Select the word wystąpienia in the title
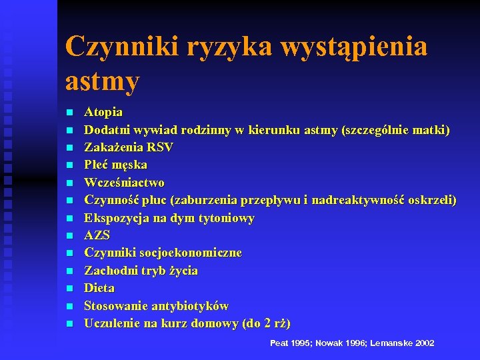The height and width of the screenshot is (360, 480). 355,47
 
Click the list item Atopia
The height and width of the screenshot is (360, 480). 103,112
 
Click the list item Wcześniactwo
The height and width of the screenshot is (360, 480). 124,182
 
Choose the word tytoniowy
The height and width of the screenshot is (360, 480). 223,218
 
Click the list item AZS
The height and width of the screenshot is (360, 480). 97,235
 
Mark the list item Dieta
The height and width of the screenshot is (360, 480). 99,288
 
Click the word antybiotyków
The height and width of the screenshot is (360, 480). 191,306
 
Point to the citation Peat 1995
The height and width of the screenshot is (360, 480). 291,343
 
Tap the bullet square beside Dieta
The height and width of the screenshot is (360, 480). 70,289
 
